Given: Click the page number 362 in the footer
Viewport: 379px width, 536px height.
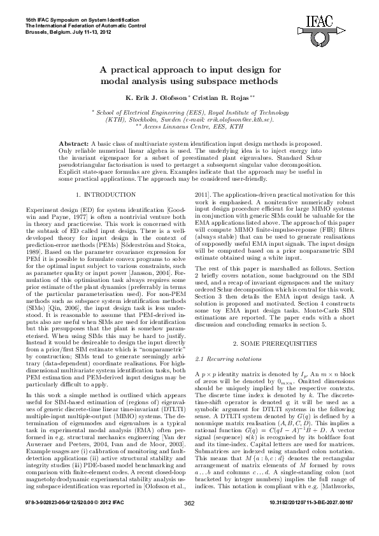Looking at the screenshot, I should coord(189,521).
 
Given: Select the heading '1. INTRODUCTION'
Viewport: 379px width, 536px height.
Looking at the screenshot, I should coord(104,193).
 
